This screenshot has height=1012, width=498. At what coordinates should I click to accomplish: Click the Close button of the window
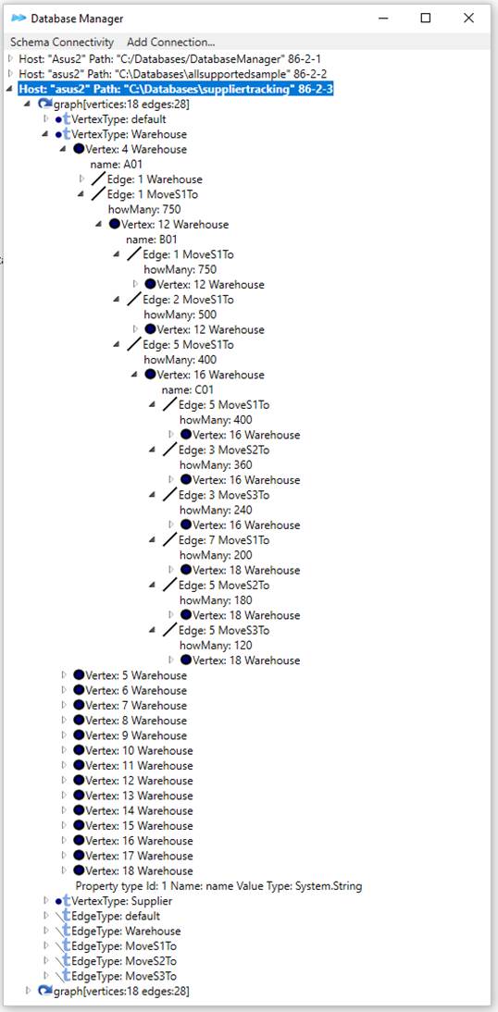pos(469,19)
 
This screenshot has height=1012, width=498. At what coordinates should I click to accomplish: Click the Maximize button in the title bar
pos(426,19)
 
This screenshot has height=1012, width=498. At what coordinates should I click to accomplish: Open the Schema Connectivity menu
pos(62,42)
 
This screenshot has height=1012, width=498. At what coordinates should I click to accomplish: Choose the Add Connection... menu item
pos(170,42)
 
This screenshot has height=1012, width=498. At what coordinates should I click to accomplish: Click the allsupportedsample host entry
pos(172,74)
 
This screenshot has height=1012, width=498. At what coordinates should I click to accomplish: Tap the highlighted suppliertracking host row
pos(176,89)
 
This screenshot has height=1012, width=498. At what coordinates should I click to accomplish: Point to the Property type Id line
pos(219,886)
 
